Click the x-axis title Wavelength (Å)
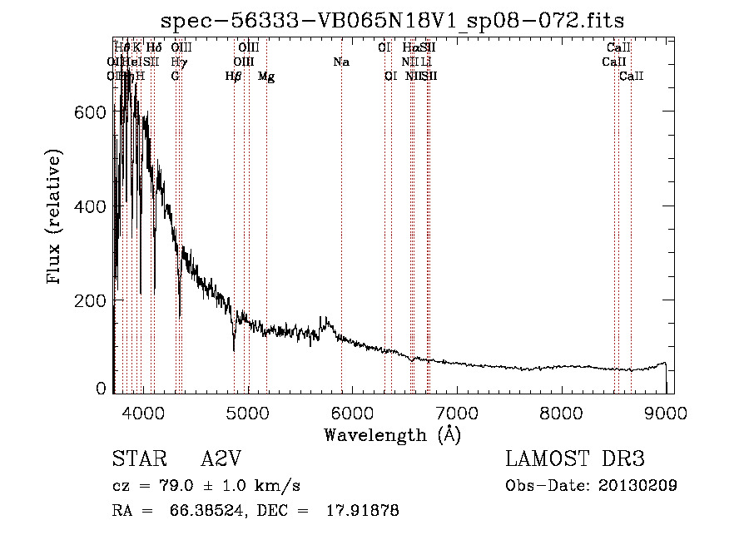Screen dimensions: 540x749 pyautogui.click(x=392, y=434)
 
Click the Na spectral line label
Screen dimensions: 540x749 pyautogui.click(x=340, y=62)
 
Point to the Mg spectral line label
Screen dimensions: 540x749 pyautogui.click(x=266, y=77)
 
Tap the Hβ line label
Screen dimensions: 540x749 pyautogui.click(x=234, y=77)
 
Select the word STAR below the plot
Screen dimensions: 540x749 pyautogui.click(x=138, y=459)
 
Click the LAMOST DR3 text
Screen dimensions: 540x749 pyautogui.click(x=575, y=459)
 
